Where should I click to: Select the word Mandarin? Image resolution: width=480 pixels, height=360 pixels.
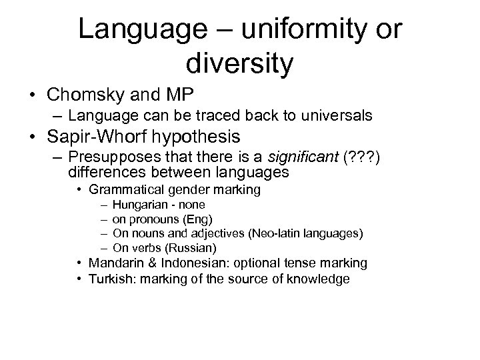coord(113,263)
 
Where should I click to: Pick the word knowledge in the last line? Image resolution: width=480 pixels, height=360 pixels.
coord(319,279)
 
